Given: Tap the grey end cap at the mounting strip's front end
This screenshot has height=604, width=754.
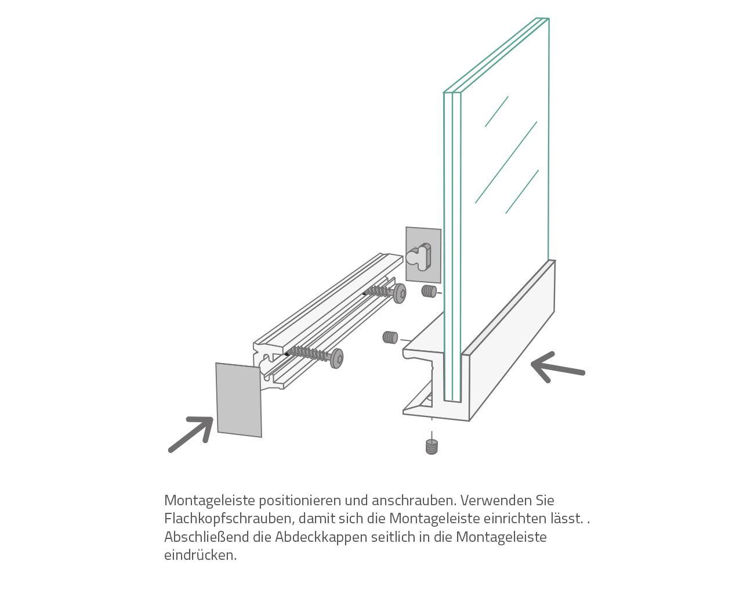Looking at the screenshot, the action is tap(239, 400).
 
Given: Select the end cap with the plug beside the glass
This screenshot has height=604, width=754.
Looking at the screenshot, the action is tap(423, 255).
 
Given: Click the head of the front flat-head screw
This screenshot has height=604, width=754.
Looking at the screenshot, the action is tap(337, 358).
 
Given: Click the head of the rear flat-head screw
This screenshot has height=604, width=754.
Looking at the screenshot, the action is tap(400, 293).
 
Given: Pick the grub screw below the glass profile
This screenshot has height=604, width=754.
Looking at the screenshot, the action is tap(432, 447).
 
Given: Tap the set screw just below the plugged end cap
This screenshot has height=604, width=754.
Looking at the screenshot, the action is tap(429, 292).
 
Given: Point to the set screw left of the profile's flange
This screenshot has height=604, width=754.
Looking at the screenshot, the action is tap(390, 337).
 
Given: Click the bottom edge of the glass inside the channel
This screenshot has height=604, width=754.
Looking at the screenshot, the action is tap(452, 401).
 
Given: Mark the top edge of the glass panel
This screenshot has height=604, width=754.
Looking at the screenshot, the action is tap(496, 55).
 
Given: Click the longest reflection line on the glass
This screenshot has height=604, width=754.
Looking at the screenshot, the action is tap(506, 163).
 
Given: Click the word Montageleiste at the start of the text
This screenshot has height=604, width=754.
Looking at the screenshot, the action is tap(209, 501).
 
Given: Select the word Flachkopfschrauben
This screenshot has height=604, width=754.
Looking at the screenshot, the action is tap(230, 519).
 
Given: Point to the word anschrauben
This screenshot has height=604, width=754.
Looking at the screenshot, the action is tap(414, 501).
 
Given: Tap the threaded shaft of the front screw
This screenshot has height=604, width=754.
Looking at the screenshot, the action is tap(309, 353).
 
